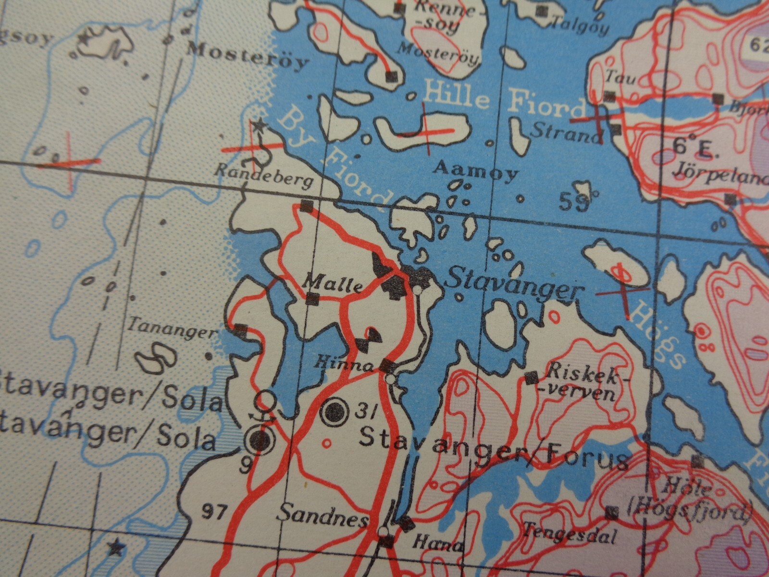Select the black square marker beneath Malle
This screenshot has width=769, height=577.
coord(312,300)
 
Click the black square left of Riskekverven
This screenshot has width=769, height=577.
coord(531,378)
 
